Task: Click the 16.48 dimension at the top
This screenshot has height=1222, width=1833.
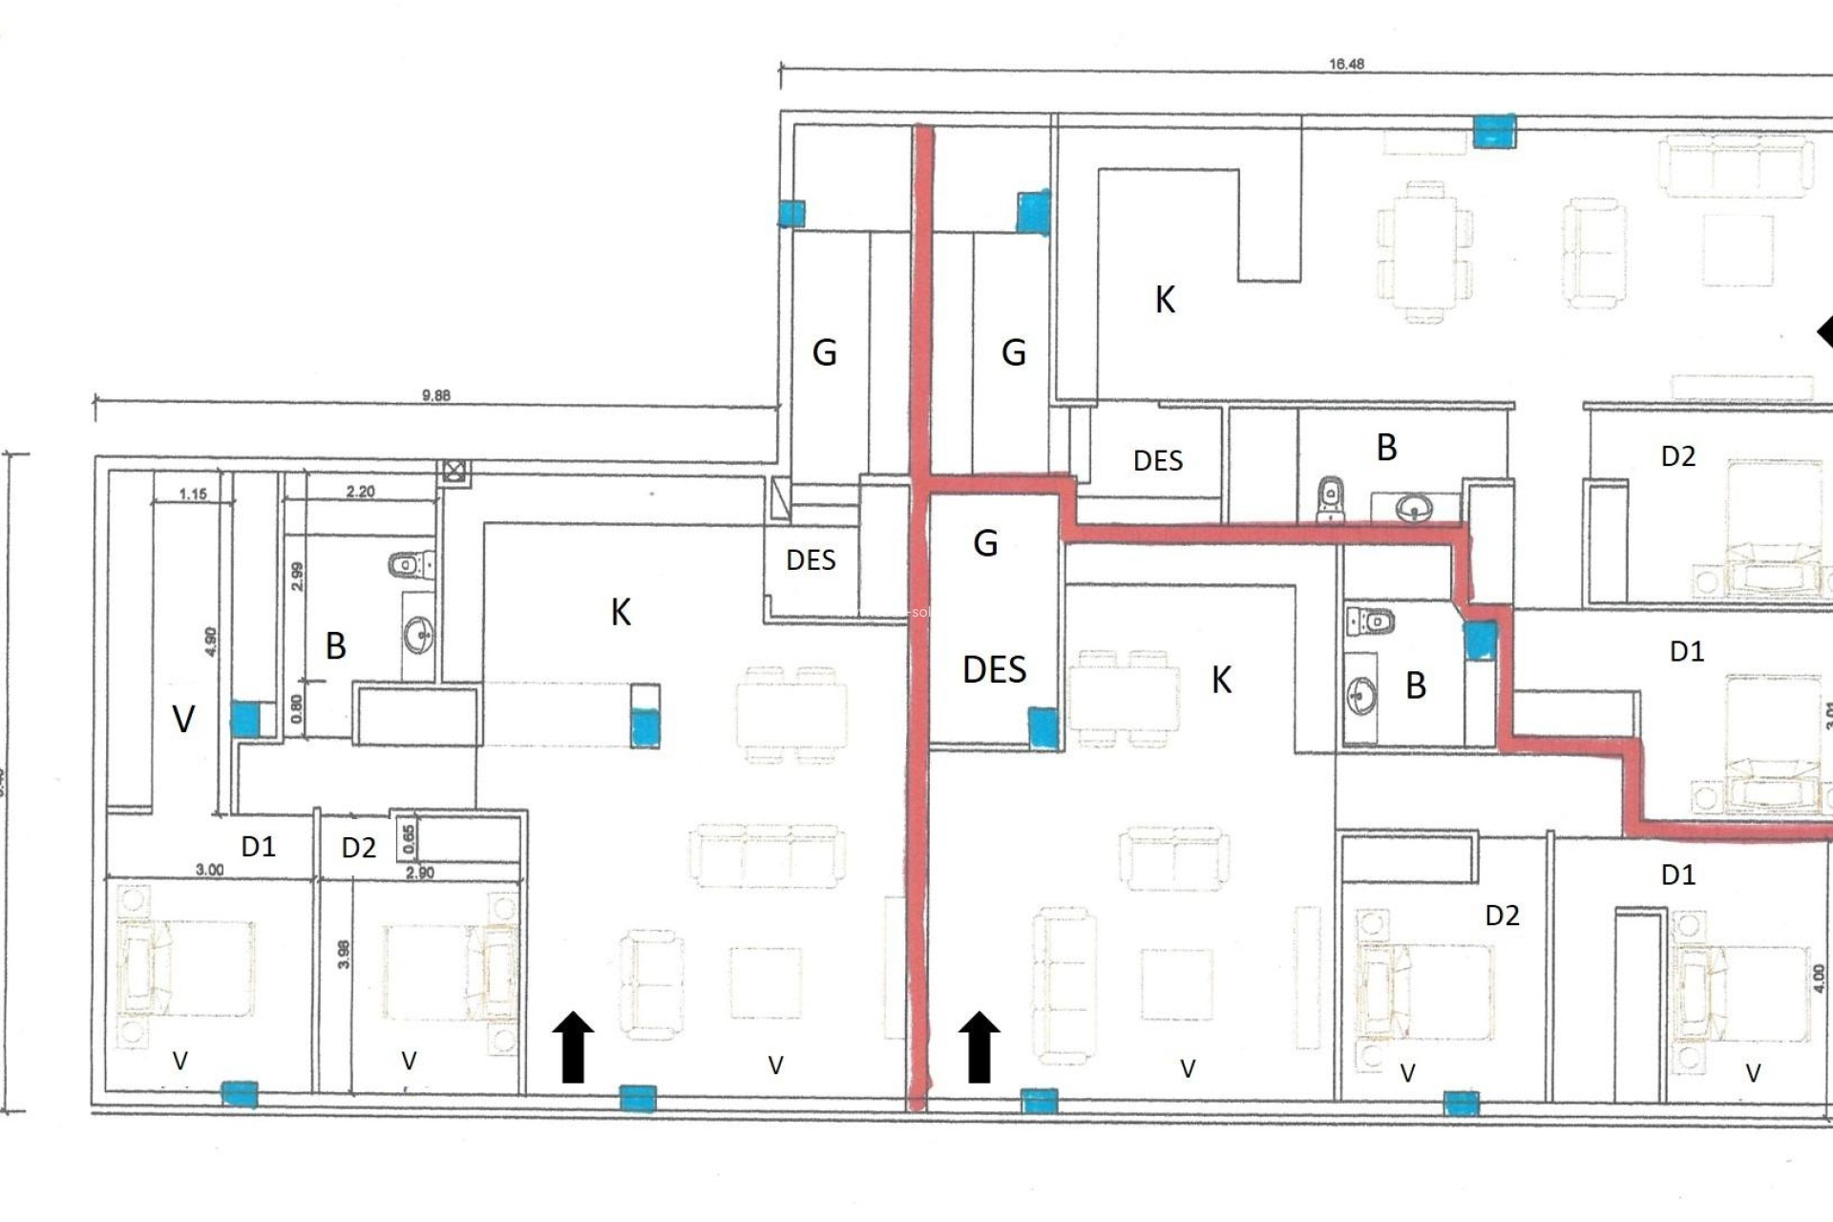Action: tap(1346, 64)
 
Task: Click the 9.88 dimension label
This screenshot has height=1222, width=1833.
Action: tap(435, 395)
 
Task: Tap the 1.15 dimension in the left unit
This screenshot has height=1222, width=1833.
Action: tap(193, 494)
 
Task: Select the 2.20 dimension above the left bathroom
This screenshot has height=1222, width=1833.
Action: tap(360, 492)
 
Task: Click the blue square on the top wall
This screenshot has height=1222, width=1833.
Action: tap(1493, 131)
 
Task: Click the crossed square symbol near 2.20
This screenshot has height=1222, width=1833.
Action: tap(454, 471)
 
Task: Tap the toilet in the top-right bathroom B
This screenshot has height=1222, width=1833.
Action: tap(1330, 498)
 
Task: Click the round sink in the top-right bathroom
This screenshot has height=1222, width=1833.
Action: tap(1413, 507)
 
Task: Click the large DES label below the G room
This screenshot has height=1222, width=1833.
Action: tap(994, 670)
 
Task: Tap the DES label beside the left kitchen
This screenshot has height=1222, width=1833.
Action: tap(811, 560)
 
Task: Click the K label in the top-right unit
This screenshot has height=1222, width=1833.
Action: tap(1165, 300)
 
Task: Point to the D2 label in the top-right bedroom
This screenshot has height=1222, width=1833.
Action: tap(1677, 456)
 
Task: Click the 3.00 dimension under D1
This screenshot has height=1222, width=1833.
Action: tap(209, 870)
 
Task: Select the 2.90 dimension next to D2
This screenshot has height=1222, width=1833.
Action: tap(420, 873)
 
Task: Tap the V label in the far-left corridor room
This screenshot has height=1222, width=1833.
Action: tap(183, 719)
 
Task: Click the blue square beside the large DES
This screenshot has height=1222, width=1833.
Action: tap(1043, 727)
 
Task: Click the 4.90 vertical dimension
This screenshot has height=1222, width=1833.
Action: tap(211, 641)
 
